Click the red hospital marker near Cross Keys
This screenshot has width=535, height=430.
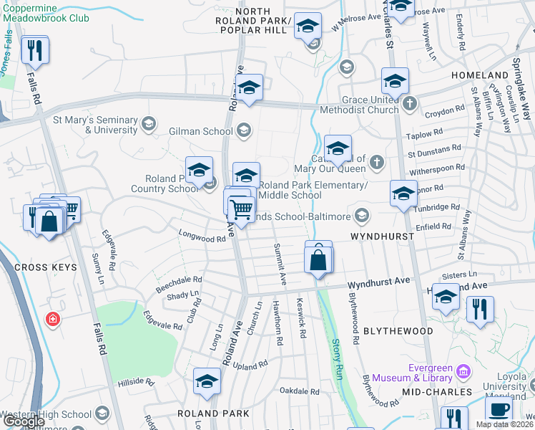52,319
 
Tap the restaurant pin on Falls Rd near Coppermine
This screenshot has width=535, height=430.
34,50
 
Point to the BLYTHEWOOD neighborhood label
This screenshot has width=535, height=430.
398,331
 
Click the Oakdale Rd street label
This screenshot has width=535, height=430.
299,391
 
